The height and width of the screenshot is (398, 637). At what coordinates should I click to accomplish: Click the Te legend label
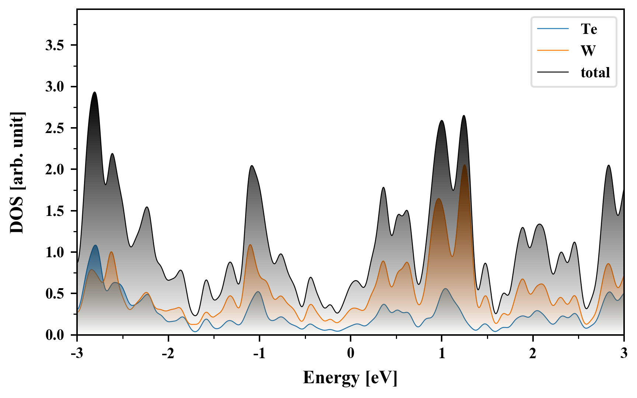[589, 29]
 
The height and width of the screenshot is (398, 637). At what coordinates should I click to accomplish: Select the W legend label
[588, 50]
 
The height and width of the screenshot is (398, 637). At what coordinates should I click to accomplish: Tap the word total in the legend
[595, 72]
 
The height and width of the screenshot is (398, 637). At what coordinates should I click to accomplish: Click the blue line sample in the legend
[553, 29]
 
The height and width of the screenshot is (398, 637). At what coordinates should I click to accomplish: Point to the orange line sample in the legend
[553, 50]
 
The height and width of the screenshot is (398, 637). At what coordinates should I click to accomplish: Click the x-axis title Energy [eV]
[350, 378]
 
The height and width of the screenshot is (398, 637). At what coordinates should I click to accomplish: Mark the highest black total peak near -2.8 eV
[95, 92]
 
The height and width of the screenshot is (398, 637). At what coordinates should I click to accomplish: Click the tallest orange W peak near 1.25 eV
[464, 165]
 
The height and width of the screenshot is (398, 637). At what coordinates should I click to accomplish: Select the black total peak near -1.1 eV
[252, 166]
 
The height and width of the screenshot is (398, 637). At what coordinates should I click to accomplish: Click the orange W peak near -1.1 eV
[250, 245]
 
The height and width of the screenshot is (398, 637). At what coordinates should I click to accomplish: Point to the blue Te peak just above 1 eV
[446, 289]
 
